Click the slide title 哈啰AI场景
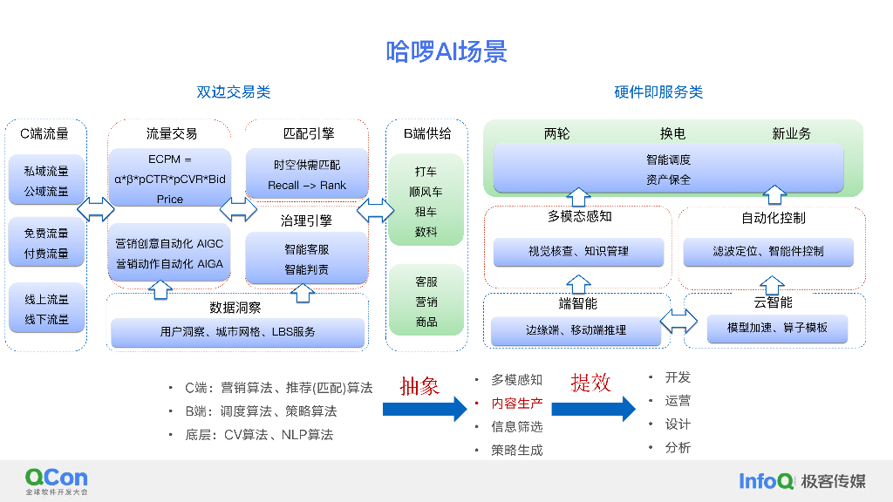[x=446, y=51]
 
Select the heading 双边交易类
[x=234, y=92]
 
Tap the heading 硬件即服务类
[x=658, y=92]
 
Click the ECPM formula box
[x=170, y=178]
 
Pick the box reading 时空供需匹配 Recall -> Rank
[x=307, y=174]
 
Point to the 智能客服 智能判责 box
[x=306, y=258]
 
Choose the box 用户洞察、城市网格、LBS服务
[x=237, y=332]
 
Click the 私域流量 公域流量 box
[x=46, y=180]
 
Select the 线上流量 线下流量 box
[x=46, y=309]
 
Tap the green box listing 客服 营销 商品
[x=426, y=301]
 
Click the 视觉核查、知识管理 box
[x=579, y=252]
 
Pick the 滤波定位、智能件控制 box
[x=768, y=252]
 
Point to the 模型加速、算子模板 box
[x=777, y=329]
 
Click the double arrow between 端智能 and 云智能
[x=678, y=322]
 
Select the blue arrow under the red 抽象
[x=425, y=410]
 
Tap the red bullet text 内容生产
[x=516, y=404]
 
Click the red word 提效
[x=590, y=383]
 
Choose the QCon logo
[x=57, y=481]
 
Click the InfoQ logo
[x=766, y=481]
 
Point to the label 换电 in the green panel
[x=672, y=133]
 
